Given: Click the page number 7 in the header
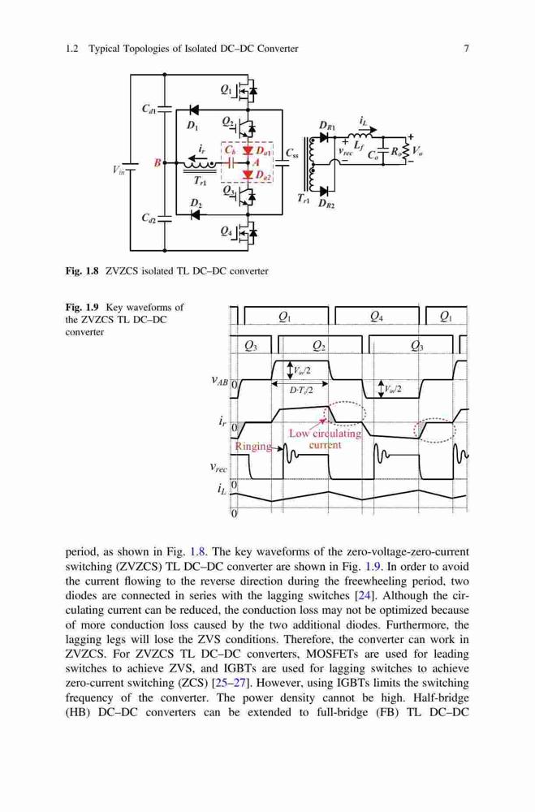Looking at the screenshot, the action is tap(466, 49).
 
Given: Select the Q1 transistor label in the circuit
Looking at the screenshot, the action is tap(227, 89).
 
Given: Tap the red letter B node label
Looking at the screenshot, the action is tap(157, 163).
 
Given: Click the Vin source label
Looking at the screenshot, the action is tap(119, 170).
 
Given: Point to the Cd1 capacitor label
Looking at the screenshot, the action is tap(149, 109).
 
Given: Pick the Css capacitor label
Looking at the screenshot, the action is tap(292, 153).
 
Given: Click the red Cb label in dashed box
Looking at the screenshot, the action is tap(230, 150).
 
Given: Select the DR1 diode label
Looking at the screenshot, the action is tap(327, 126).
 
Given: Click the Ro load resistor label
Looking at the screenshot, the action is tap(395, 152).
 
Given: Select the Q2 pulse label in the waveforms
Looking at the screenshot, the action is tap(320, 347).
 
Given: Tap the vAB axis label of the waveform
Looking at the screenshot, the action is tap(219, 381).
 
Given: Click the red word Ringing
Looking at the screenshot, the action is tap(254, 446).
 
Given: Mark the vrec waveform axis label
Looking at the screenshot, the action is tap(218, 468).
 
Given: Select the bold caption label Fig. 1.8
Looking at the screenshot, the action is tap(82, 271).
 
